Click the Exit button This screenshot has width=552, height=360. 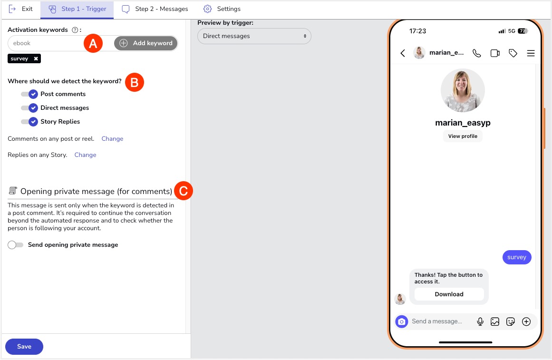(20, 9)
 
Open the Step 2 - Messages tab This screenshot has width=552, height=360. (155, 9)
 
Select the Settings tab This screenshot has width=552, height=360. (222, 9)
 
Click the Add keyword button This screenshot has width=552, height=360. (146, 43)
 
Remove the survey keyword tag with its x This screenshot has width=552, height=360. (36, 59)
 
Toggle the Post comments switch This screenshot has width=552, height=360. (29, 94)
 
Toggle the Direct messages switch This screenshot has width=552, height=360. (29, 108)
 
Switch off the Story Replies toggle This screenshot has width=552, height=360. (29, 122)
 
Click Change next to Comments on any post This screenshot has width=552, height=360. (112, 139)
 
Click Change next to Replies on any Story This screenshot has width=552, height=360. (85, 155)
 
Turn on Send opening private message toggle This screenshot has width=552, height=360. (16, 245)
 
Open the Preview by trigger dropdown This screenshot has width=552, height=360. (254, 36)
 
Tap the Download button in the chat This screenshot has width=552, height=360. (449, 294)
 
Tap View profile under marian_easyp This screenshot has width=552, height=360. (463, 136)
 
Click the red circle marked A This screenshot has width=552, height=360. (93, 43)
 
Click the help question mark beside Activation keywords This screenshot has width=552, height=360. (75, 30)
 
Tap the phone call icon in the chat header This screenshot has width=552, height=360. (477, 53)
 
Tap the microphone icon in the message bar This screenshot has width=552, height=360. (480, 321)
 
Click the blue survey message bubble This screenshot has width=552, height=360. (516, 257)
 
